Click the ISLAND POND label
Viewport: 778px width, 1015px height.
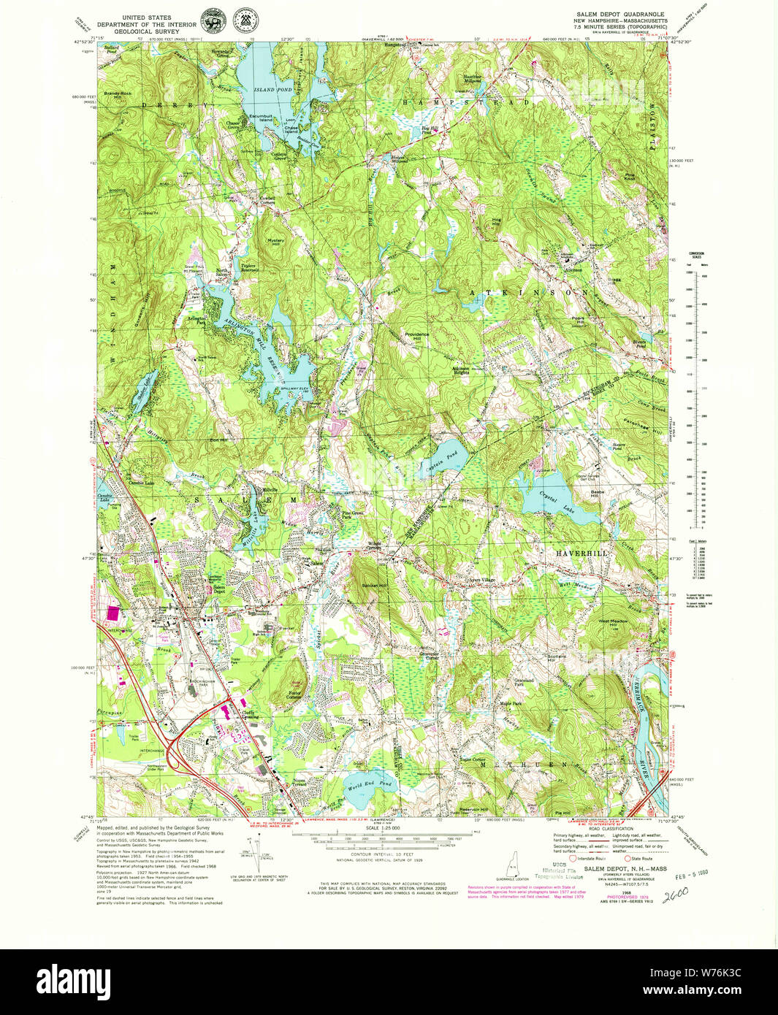coord(264,90)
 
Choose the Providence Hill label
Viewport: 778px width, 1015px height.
coord(417,337)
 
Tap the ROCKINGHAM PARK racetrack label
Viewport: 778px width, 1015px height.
coord(200,685)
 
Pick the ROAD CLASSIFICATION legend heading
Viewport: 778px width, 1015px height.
coord(592,829)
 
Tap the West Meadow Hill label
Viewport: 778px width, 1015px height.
coord(613,623)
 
